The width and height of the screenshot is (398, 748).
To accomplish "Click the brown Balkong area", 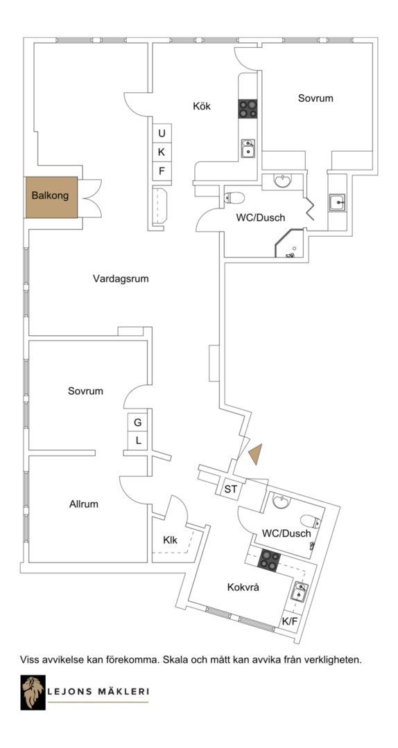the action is pos(51,197).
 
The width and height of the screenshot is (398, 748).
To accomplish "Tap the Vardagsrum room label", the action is pos(121,279).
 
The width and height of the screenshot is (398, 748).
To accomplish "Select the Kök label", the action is pos(202,106).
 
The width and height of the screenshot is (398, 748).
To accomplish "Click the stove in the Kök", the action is pos(248,109).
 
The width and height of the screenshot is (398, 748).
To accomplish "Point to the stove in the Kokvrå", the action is pos(269,560).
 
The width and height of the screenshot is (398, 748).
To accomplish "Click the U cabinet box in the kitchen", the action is pos(162,133).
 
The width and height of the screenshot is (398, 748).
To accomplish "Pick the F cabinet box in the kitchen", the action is pos(162,171).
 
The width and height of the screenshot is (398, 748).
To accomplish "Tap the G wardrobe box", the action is pos(137,422).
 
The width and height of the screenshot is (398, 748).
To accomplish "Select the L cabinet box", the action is pos(137,440).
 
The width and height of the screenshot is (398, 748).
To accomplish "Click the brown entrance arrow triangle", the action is pos(256,454).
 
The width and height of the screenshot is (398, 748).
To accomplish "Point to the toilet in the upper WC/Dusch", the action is pos(234,197).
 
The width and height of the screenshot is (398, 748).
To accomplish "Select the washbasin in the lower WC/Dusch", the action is pos(282,501).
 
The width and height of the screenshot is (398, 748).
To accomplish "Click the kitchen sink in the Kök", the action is pos(248,148).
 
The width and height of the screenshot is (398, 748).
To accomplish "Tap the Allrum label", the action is pos(84,504).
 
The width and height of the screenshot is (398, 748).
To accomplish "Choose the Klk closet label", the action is pos(170,540).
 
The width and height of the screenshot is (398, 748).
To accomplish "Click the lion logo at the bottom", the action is pos(33,692).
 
